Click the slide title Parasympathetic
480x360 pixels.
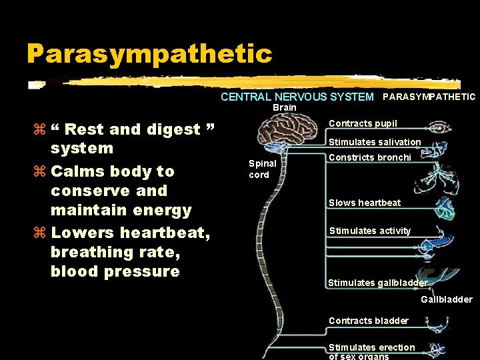click(149, 54)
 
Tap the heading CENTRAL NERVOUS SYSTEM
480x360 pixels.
click(297, 97)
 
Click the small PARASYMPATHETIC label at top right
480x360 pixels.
click(429, 97)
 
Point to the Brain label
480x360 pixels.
click(285, 108)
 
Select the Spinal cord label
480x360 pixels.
click(259, 169)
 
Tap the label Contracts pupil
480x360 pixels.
click(363, 123)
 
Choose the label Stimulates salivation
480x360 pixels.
click(375, 142)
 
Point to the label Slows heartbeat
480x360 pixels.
click(365, 203)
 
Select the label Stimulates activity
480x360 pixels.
click(370, 231)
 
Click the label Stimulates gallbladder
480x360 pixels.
click(377, 283)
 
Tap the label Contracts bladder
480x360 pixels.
click(368, 321)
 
